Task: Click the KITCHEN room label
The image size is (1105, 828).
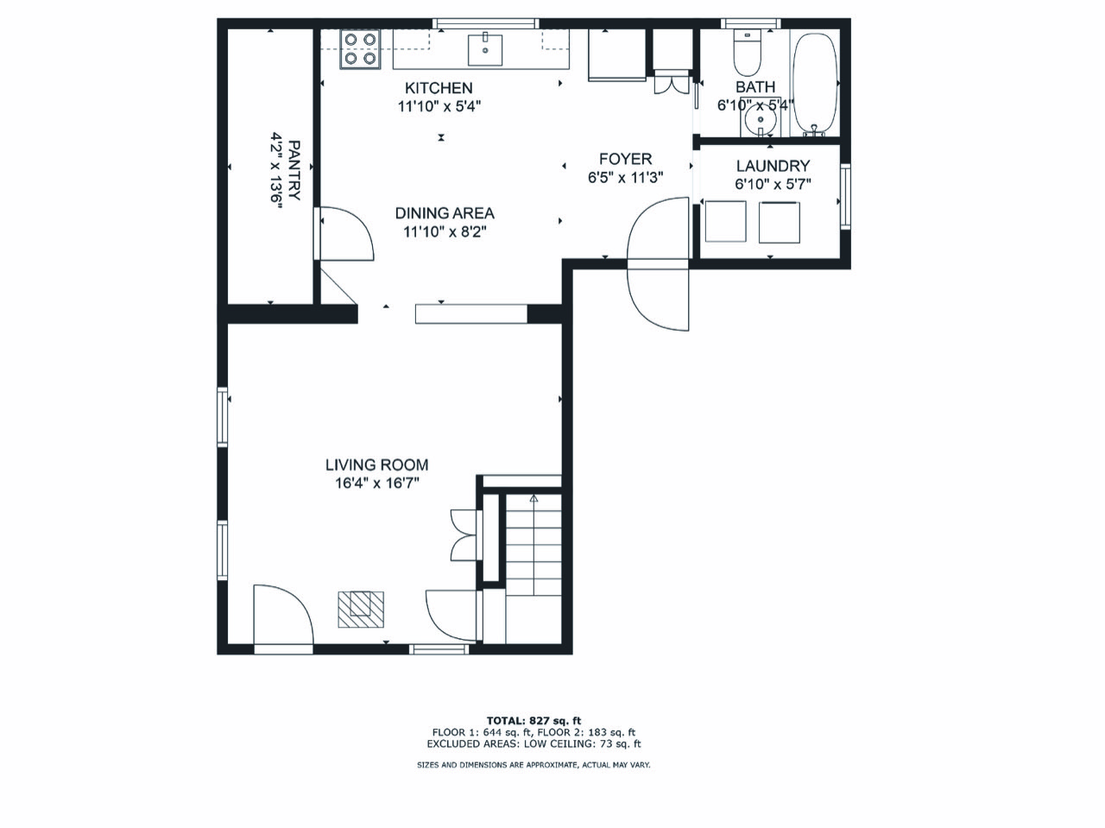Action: (439, 88)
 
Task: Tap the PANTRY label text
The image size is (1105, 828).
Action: (294, 170)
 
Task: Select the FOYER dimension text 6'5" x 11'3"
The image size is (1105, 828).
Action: (625, 178)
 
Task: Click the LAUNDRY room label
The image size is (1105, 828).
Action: (773, 166)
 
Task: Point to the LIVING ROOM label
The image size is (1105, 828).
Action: (376, 465)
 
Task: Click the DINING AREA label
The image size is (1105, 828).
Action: (445, 213)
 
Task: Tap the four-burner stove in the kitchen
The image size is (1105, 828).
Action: (360, 49)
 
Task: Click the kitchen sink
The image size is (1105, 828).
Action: (485, 50)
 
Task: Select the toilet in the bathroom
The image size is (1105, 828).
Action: (747, 53)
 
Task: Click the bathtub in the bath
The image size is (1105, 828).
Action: (816, 83)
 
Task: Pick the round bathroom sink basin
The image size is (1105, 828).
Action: (761, 120)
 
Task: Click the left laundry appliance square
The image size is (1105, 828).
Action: (725, 222)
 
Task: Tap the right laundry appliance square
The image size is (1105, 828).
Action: (780, 222)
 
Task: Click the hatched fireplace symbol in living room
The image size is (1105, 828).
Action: (361, 610)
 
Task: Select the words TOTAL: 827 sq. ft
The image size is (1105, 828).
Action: (534, 721)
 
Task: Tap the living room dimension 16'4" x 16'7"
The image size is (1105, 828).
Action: (377, 484)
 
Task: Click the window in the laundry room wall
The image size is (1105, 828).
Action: (845, 196)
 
